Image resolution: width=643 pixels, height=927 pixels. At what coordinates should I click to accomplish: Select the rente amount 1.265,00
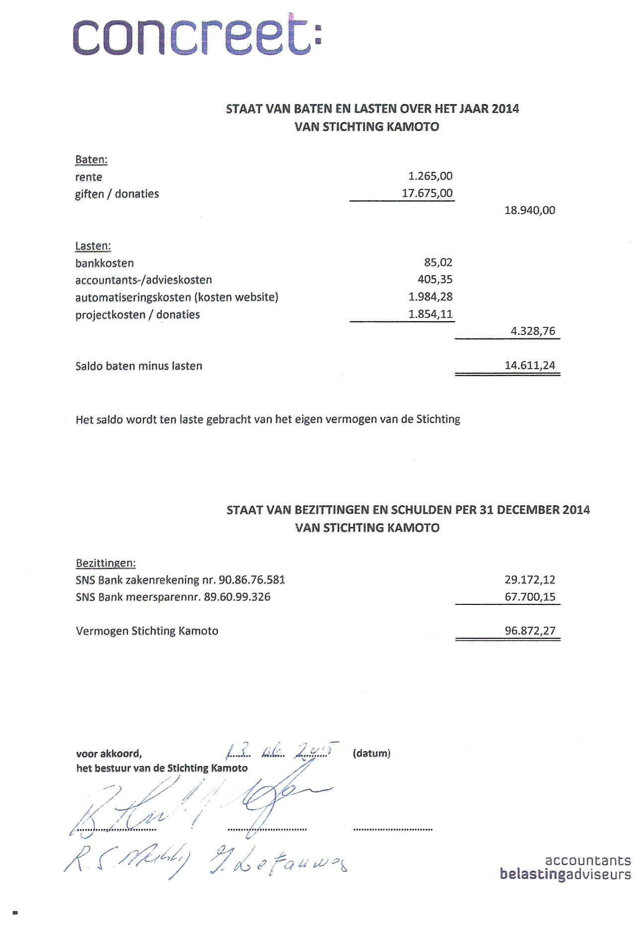pyautogui.click(x=430, y=176)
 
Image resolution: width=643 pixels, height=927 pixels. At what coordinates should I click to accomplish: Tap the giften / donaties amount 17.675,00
pyautogui.click(x=427, y=193)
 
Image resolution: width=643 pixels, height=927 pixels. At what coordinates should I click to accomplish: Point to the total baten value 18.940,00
pyautogui.click(x=530, y=210)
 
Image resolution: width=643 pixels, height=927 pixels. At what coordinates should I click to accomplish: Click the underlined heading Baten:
pyautogui.click(x=91, y=160)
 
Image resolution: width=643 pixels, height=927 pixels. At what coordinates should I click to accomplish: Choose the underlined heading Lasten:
pyautogui.click(x=93, y=246)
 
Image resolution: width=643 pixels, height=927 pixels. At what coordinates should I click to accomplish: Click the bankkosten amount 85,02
pyautogui.click(x=438, y=262)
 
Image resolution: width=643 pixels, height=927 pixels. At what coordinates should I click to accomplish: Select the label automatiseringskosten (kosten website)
pyautogui.click(x=177, y=297)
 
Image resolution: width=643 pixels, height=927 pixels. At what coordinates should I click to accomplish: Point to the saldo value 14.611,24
pyautogui.click(x=530, y=365)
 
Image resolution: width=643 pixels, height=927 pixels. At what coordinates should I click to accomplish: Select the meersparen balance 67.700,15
pyautogui.click(x=530, y=596)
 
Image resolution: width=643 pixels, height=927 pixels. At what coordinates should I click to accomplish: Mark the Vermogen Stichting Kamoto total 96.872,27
pyautogui.click(x=530, y=631)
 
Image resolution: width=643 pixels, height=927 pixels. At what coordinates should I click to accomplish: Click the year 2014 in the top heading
pyautogui.click(x=505, y=109)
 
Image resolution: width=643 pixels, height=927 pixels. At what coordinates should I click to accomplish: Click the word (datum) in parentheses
pyautogui.click(x=371, y=753)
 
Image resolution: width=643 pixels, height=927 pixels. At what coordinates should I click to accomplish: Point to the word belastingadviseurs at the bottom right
pyautogui.click(x=565, y=875)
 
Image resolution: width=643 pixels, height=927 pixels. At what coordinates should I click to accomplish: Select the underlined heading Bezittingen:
pyautogui.click(x=105, y=563)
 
